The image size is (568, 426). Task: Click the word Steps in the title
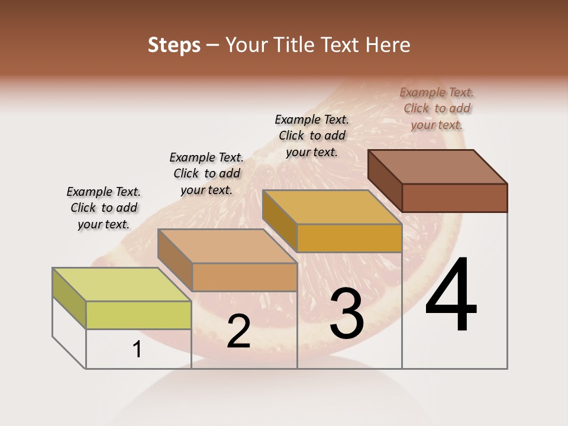174,45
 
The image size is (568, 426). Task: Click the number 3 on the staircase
347,313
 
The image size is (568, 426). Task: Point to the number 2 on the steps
238,331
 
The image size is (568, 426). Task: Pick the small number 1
137,349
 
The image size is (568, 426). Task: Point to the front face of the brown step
454,198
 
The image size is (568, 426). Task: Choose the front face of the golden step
349,238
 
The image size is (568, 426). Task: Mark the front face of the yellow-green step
138,315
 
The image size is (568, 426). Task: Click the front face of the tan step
244,277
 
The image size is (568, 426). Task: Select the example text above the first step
104,208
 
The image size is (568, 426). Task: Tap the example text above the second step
206,173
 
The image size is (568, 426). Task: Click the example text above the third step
312,135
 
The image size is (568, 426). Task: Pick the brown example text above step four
437,108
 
